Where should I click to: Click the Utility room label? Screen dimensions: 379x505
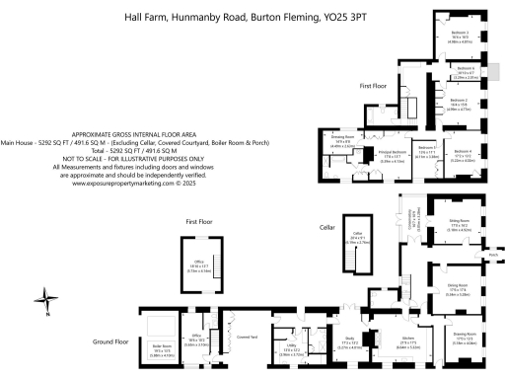click(291, 348)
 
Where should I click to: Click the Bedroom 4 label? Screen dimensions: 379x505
click(463, 152)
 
